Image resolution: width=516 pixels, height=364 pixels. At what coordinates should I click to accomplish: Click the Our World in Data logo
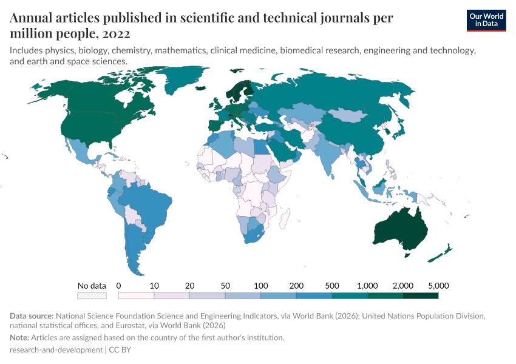click(486, 20)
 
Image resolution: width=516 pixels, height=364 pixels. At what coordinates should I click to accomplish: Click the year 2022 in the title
click(116, 33)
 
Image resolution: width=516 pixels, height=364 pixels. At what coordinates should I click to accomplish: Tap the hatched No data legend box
click(92, 295)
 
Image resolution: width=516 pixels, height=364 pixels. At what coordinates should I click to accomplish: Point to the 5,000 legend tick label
click(438, 285)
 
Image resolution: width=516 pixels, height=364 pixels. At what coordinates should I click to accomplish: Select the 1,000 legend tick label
click(367, 285)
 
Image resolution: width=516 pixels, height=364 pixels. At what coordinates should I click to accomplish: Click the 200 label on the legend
click(296, 285)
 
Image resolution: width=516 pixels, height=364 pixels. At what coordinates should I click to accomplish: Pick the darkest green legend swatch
click(420, 295)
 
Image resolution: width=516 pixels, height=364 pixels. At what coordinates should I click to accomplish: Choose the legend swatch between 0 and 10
click(136, 295)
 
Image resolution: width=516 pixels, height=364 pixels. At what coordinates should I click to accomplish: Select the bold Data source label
click(32, 316)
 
